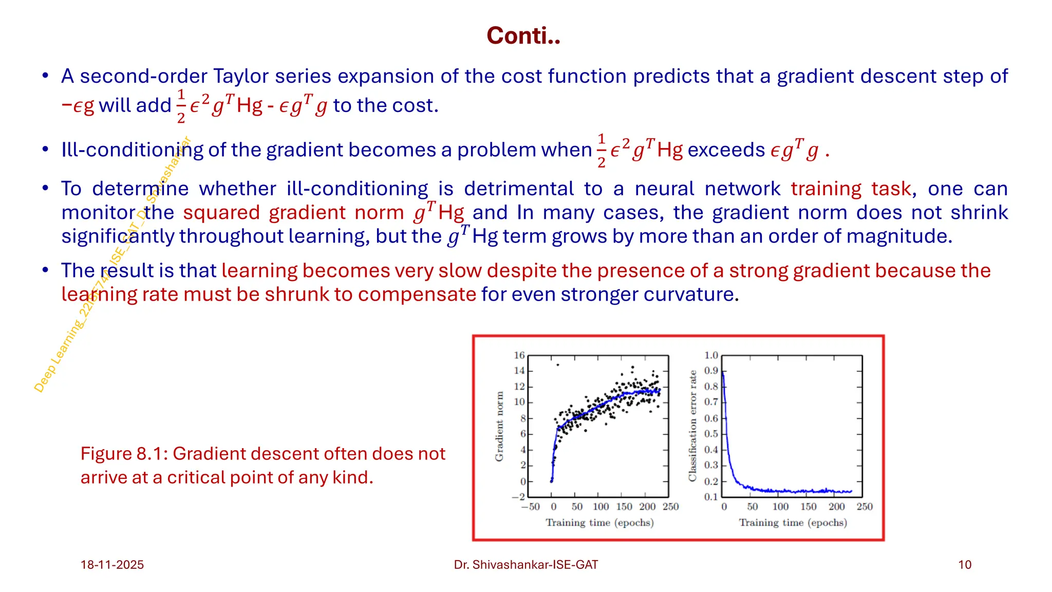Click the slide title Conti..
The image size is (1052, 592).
coord(523,36)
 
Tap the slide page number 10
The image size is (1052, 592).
coord(964,565)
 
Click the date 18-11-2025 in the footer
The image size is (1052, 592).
coord(112,565)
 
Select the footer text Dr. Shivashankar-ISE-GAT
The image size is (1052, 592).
coord(525,565)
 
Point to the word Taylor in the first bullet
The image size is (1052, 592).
coord(241,76)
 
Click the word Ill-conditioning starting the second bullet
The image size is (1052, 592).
coord(132,150)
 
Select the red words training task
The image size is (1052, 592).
coord(851,189)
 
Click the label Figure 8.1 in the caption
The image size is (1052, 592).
coord(125,454)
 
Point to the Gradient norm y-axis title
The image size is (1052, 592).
coord(499,426)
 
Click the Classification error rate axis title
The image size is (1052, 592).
coord(692,426)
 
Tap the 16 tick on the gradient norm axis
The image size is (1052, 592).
coord(519,355)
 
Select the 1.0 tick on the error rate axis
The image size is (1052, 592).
coord(711,355)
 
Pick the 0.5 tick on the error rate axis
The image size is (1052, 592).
coord(711,434)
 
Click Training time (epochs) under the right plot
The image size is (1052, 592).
coord(793,523)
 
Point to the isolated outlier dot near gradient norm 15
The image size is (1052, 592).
coord(558,365)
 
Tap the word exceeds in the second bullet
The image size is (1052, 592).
coord(726,150)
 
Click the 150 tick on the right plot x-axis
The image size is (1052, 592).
coord(808,507)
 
